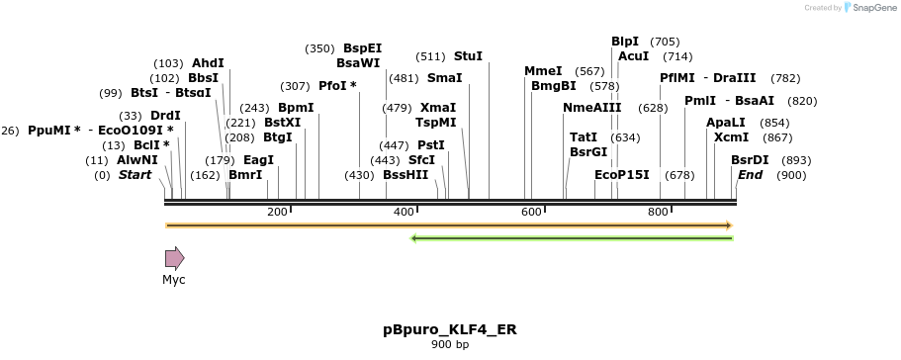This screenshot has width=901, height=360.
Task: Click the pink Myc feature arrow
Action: point(174,259)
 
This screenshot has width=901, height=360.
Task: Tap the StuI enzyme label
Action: point(468,56)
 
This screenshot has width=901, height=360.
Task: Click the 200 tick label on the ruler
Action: point(277,213)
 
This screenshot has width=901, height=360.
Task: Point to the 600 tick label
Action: point(531,213)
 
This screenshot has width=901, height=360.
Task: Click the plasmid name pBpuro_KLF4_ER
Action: point(450,328)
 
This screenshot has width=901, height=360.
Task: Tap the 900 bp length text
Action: point(450,344)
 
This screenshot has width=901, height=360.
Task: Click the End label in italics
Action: point(750,175)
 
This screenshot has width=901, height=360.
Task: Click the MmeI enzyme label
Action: point(543,71)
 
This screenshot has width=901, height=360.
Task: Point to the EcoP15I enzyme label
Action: point(622,175)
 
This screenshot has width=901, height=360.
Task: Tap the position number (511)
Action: point(431,56)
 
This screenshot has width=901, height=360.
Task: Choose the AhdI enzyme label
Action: point(208,62)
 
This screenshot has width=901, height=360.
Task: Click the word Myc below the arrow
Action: point(174,280)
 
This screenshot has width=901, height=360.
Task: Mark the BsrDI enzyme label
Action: point(750,160)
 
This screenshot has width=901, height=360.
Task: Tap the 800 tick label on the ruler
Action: point(658,213)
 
